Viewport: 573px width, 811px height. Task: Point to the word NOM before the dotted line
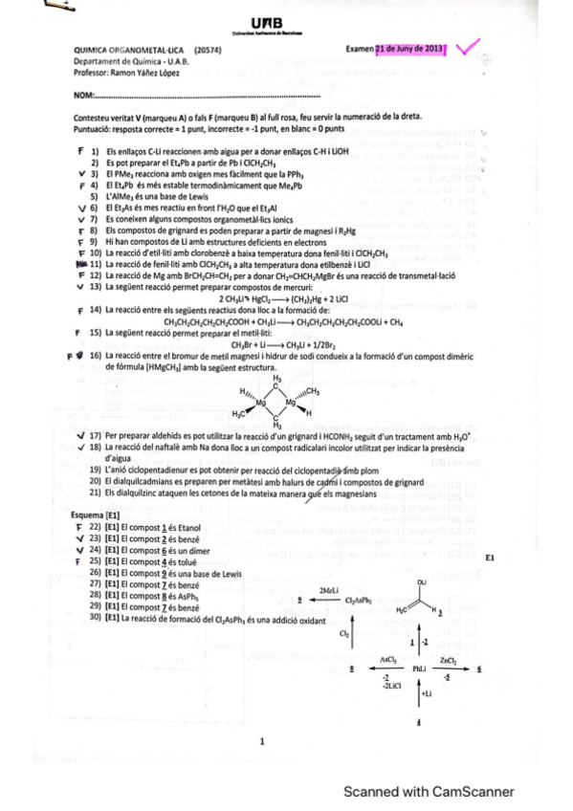tap(83, 96)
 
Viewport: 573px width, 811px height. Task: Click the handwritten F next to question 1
tap(79, 151)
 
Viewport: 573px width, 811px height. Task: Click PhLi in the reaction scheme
tap(419, 669)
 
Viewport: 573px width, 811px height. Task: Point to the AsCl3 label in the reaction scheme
tap(386, 659)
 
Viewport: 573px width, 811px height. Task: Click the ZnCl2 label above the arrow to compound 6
tap(448, 659)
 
